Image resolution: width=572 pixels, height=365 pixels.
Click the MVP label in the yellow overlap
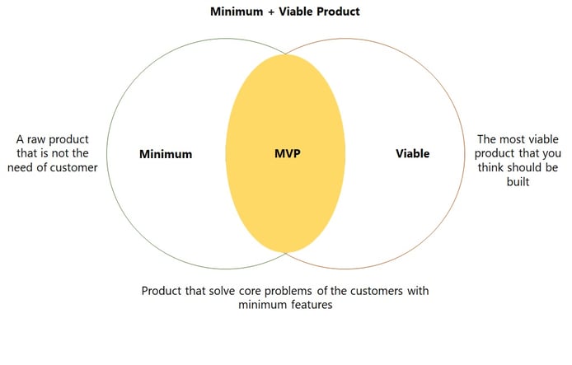(288, 153)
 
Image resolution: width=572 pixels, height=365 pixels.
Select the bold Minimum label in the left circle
(166, 154)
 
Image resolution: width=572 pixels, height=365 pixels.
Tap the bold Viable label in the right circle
(413, 153)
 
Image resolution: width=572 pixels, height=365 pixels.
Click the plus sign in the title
(270, 12)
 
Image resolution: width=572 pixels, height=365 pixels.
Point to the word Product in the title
(338, 12)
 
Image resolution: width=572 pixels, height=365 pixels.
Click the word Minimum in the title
(237, 12)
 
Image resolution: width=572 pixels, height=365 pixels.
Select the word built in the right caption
(518, 181)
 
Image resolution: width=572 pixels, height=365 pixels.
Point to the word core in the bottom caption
(250, 291)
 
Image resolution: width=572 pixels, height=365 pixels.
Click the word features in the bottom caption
(312, 305)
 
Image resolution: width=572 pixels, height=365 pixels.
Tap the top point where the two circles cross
(286, 54)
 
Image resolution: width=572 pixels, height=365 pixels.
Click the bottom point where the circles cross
(286, 253)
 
